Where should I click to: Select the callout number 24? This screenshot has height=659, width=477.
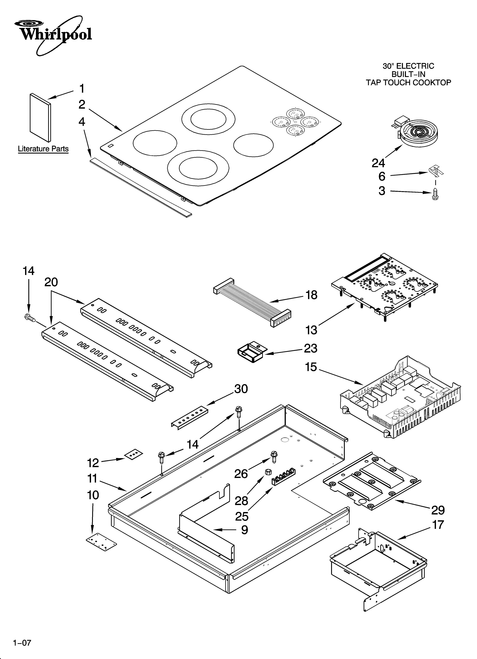point(378,163)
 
